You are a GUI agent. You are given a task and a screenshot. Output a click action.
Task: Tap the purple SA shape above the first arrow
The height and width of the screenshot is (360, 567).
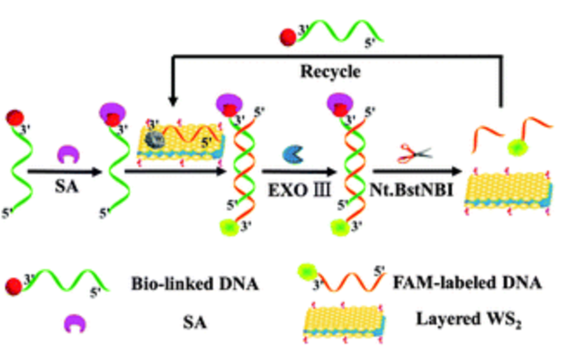point(68,155)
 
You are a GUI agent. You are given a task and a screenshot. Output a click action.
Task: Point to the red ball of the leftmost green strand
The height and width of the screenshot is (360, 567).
point(15,117)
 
